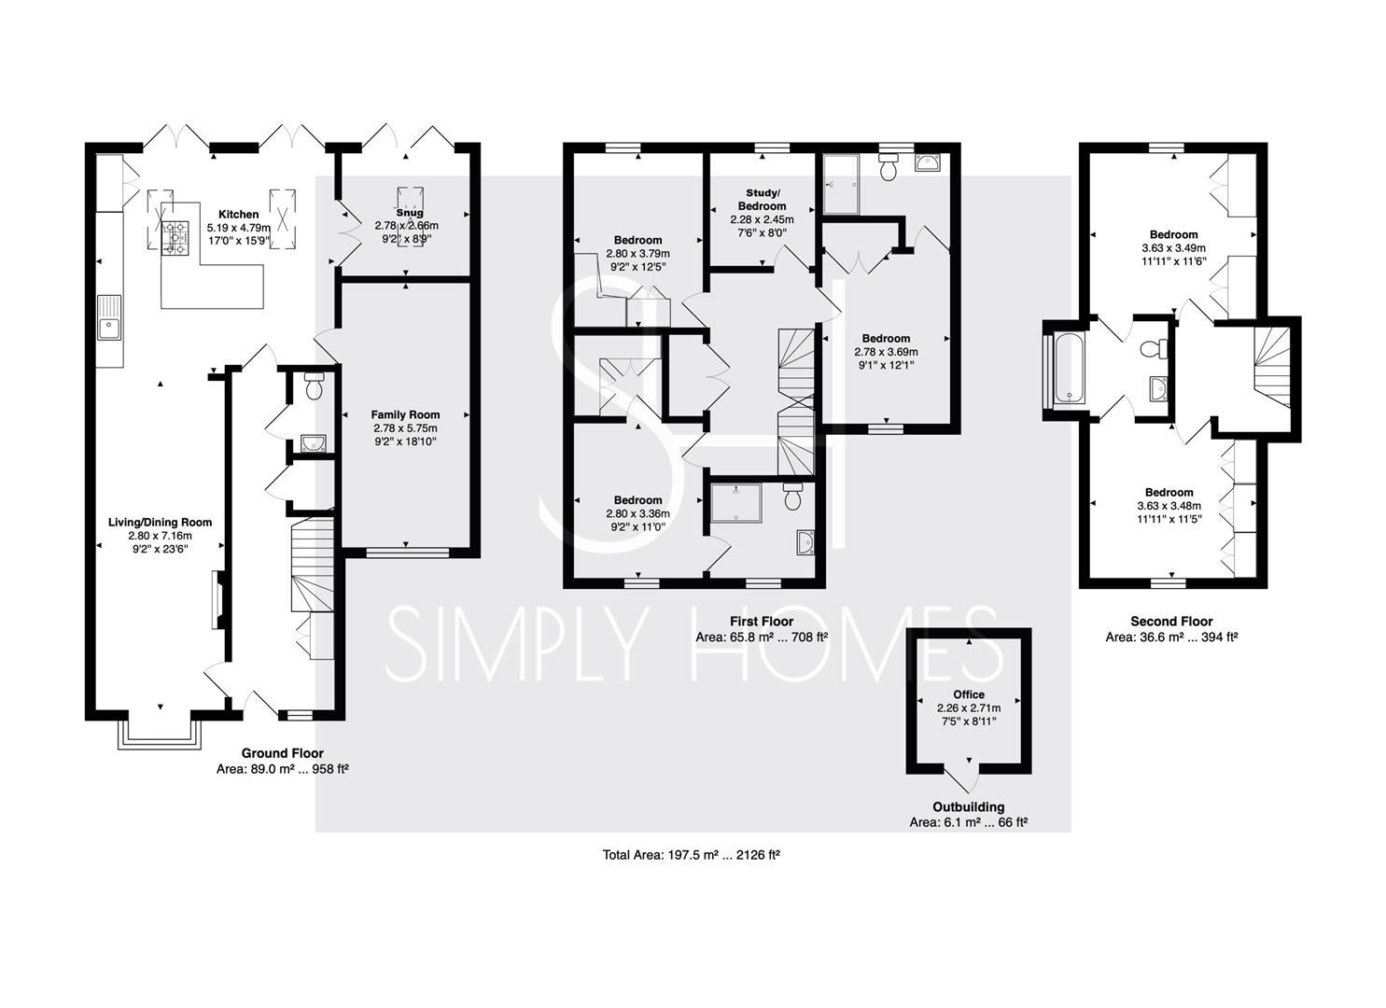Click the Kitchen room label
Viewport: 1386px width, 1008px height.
239,214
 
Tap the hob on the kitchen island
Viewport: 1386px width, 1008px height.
175,238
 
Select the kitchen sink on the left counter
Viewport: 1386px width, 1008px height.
109,318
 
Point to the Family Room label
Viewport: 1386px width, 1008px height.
405,414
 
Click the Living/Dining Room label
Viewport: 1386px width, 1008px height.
161,523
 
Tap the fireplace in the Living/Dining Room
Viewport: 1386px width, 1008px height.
217,599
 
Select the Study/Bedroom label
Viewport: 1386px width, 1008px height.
762,199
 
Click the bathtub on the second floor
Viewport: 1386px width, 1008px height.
1068,369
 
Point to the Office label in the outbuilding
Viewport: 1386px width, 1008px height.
969,694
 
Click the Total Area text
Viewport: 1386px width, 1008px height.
692,855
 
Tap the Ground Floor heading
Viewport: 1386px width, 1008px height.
282,753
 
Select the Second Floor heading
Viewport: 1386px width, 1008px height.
1172,622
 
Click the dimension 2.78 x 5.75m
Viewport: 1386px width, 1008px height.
405,428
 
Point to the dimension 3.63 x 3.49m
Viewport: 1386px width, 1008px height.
1174,248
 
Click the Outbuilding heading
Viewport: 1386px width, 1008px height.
969,807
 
